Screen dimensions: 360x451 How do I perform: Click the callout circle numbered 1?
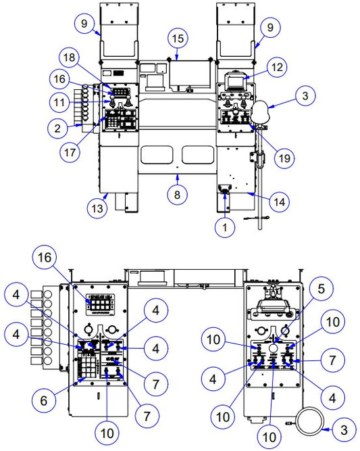[225, 227]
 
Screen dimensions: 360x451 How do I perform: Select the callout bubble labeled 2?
[57, 128]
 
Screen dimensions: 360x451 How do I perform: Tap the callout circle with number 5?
[322, 289]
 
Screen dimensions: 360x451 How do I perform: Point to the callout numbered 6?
[44, 400]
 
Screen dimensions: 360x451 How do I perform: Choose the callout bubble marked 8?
[177, 195]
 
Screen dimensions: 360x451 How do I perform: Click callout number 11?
[59, 102]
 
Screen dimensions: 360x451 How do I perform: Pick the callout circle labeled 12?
[277, 68]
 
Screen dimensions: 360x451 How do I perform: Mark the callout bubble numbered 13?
[97, 208]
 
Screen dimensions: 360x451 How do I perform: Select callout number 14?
[279, 202]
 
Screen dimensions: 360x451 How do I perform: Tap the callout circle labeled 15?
[178, 39]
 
